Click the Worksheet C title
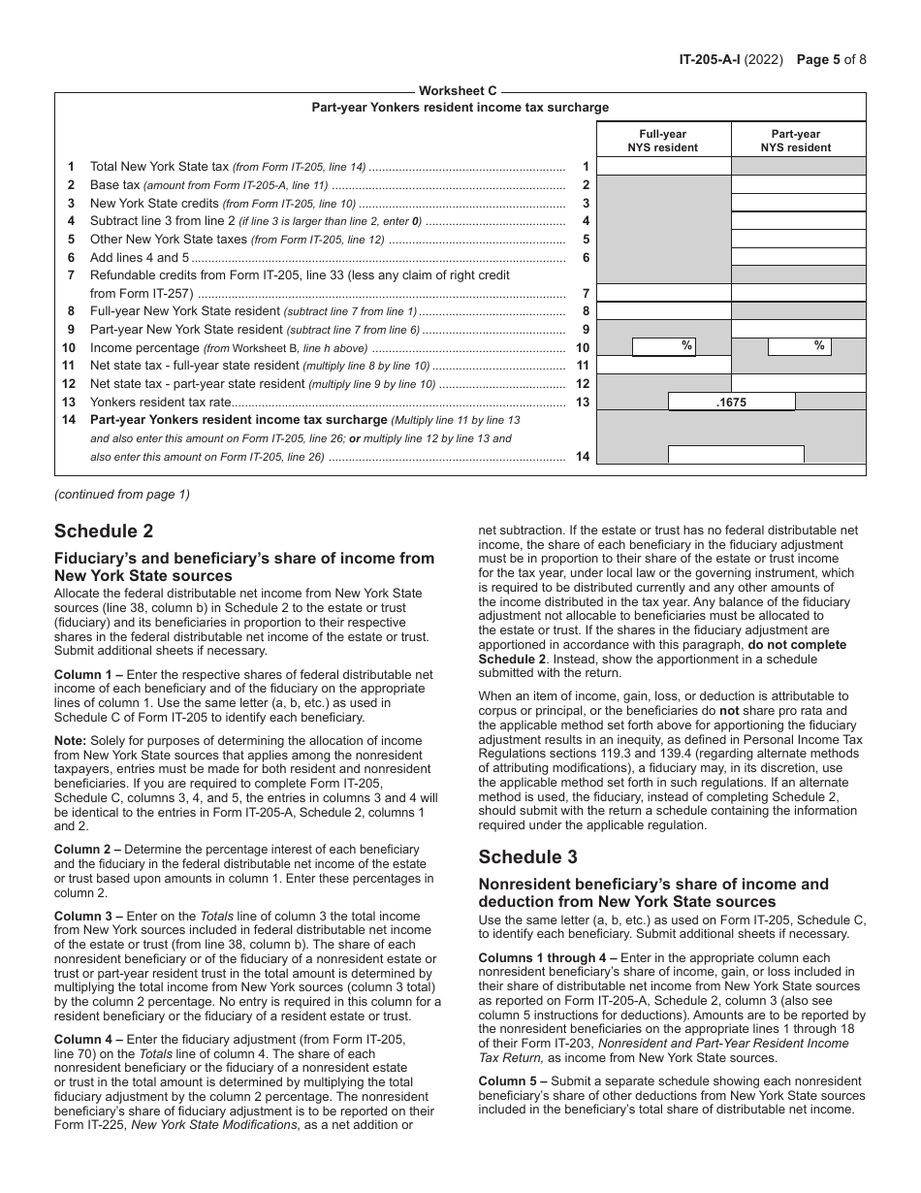click(460, 91)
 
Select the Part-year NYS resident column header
click(797, 141)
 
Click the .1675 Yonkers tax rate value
click(732, 402)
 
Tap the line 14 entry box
click(736, 454)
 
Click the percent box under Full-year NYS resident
click(664, 346)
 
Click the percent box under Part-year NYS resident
click(798, 346)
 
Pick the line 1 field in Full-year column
click(663, 167)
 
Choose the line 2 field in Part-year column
click(798, 185)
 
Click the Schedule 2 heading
click(104, 531)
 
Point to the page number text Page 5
click(818, 58)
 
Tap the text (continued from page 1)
click(122, 494)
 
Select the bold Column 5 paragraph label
click(512, 1081)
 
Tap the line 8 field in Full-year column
click(663, 311)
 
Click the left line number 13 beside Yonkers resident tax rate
click(69, 402)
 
